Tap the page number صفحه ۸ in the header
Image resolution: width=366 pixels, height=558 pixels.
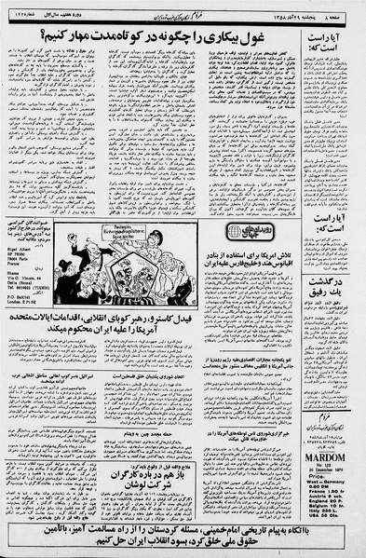pyautogui.click(x=343, y=10)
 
